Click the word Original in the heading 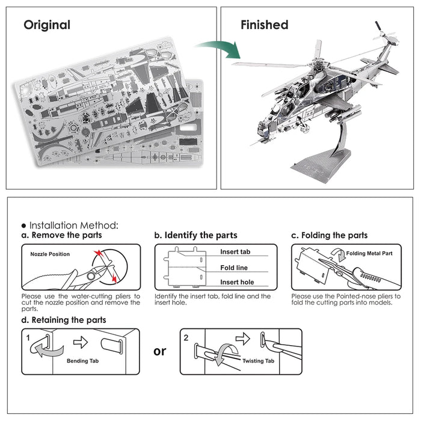47,25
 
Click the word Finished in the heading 264,25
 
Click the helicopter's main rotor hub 318,66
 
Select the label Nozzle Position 50,254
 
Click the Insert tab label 235,252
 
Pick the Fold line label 234,268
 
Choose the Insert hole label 236,282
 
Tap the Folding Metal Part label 370,254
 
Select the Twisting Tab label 259,361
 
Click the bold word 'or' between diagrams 159,351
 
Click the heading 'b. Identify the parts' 195,235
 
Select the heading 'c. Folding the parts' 329,235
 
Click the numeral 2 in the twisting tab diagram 186,337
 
